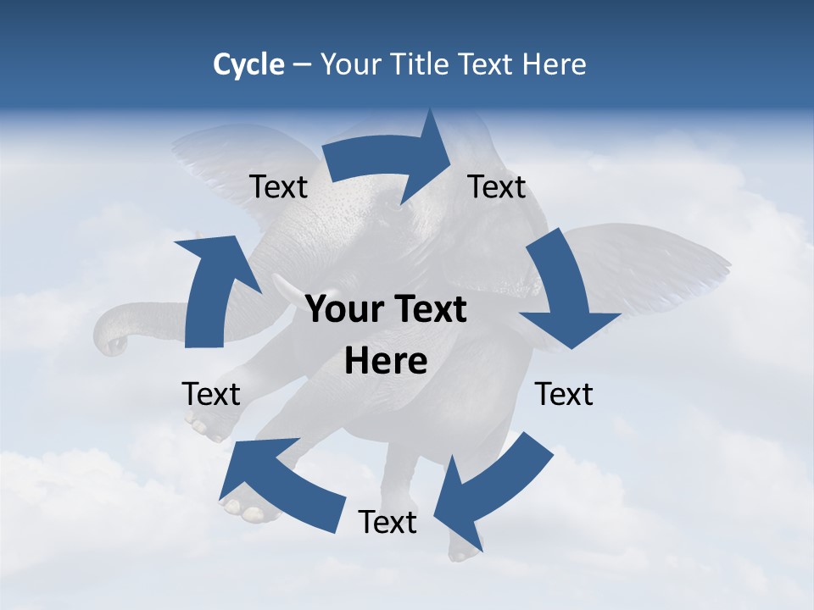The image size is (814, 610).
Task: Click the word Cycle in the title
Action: tap(248, 64)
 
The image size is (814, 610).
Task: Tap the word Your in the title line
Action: tap(349, 64)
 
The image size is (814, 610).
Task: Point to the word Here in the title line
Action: tap(553, 64)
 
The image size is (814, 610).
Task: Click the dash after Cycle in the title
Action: tap(302, 65)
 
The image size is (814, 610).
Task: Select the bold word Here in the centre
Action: tap(386, 362)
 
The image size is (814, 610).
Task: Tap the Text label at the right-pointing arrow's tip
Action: tap(497, 186)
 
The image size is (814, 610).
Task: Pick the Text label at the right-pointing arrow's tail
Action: tap(278, 186)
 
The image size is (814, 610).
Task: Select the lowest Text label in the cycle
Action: tap(387, 522)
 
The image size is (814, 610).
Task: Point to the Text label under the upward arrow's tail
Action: tap(211, 394)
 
